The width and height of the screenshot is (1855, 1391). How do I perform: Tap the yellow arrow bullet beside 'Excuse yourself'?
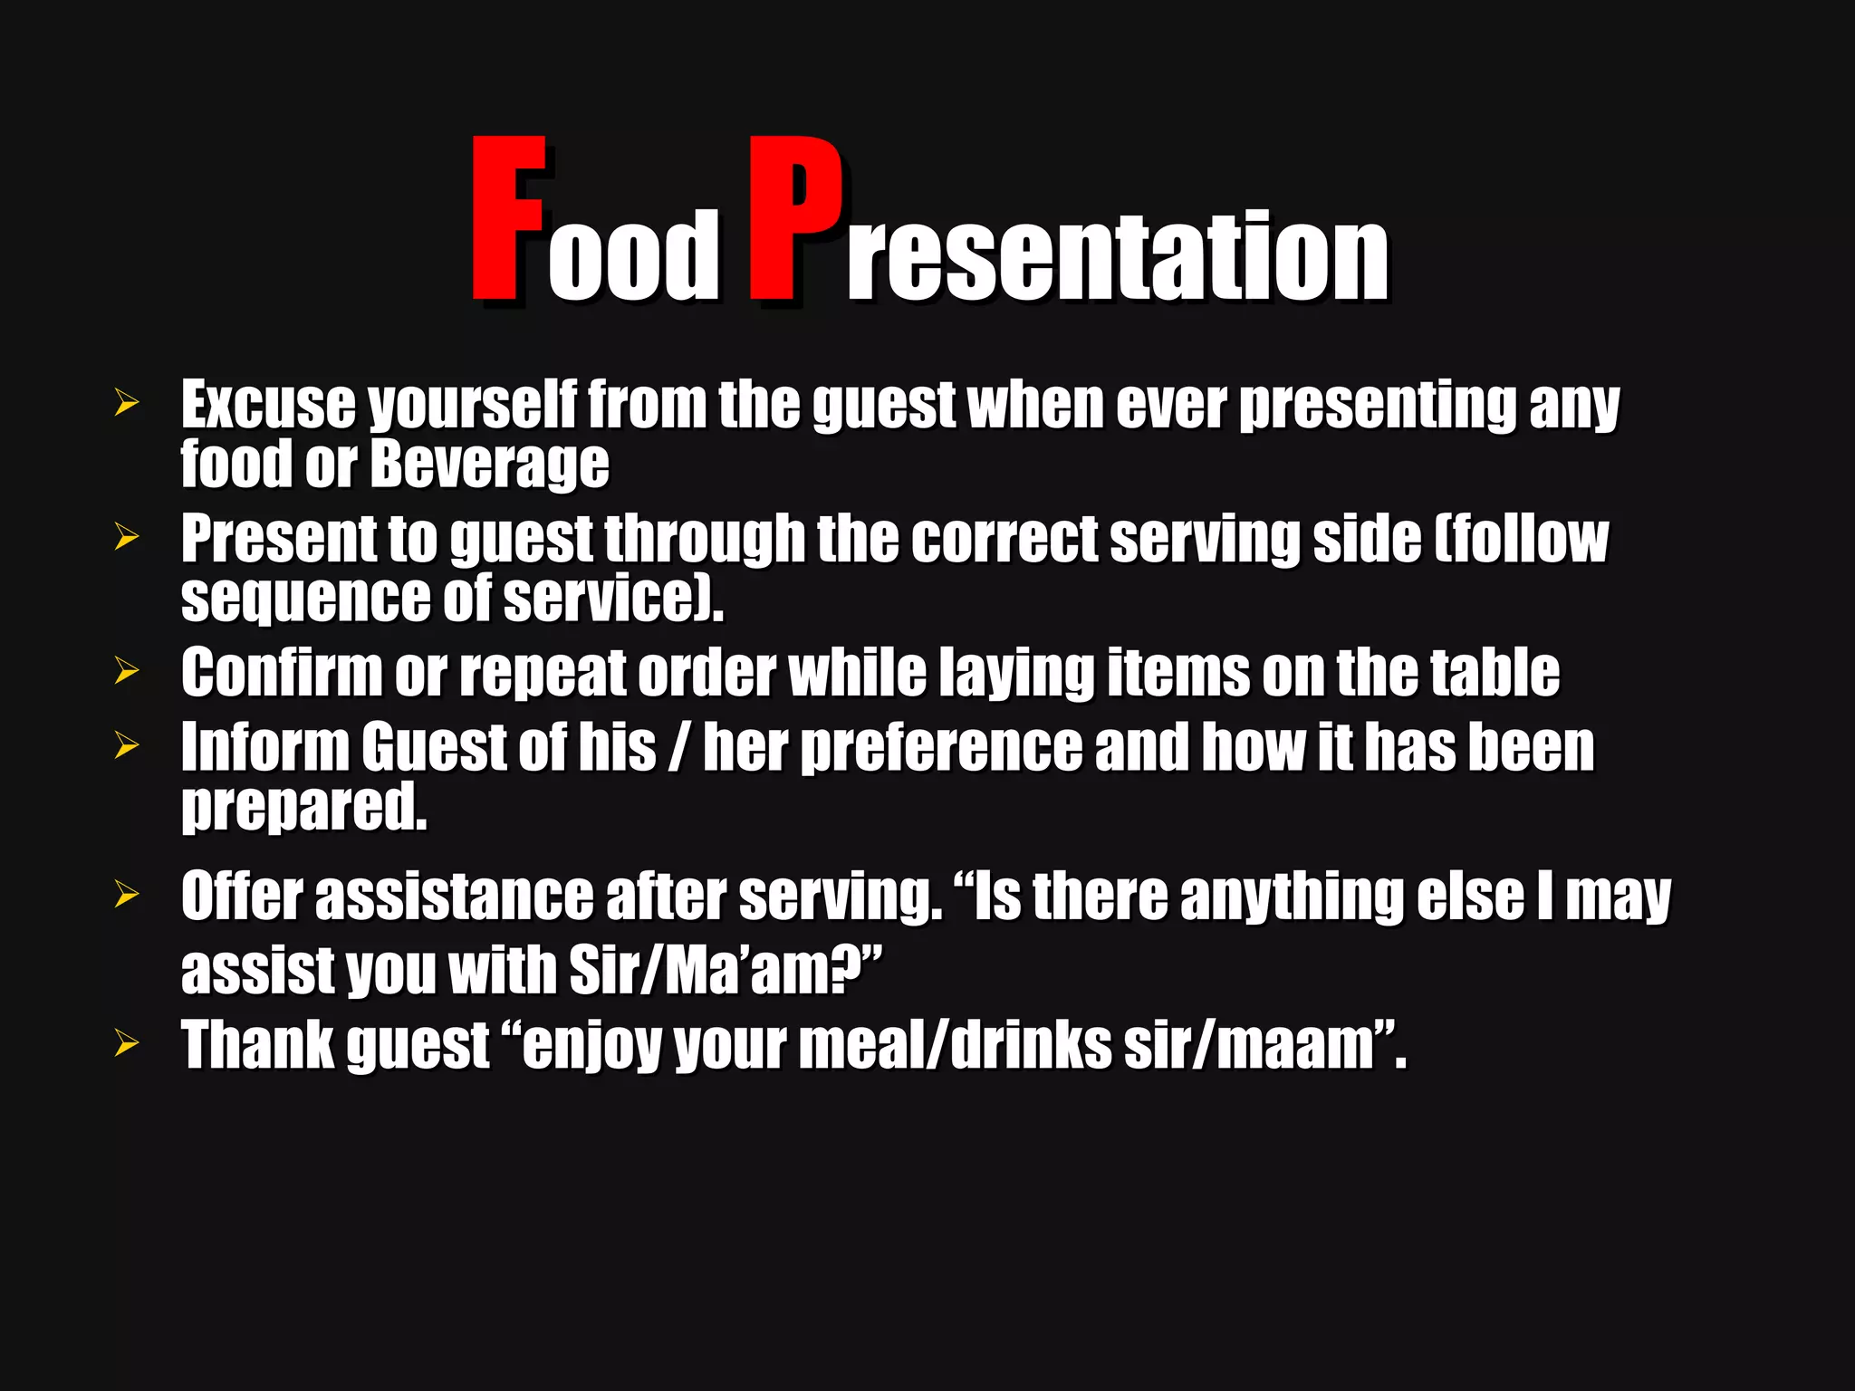point(127,403)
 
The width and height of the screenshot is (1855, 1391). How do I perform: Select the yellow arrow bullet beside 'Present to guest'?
point(127,537)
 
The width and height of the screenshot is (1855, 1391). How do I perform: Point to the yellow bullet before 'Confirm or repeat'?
point(127,671)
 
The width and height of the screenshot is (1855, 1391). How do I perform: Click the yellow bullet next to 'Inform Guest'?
point(127,745)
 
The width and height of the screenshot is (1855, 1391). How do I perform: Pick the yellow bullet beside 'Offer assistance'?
point(127,895)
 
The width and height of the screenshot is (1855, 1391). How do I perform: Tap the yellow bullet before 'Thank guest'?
point(127,1043)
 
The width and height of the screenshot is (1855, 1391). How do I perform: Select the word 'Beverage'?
point(489,464)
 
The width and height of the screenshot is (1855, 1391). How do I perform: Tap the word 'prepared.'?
point(303,808)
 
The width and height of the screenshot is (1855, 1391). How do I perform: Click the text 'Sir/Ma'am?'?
point(725,970)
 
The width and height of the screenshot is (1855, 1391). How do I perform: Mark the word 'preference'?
point(942,748)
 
